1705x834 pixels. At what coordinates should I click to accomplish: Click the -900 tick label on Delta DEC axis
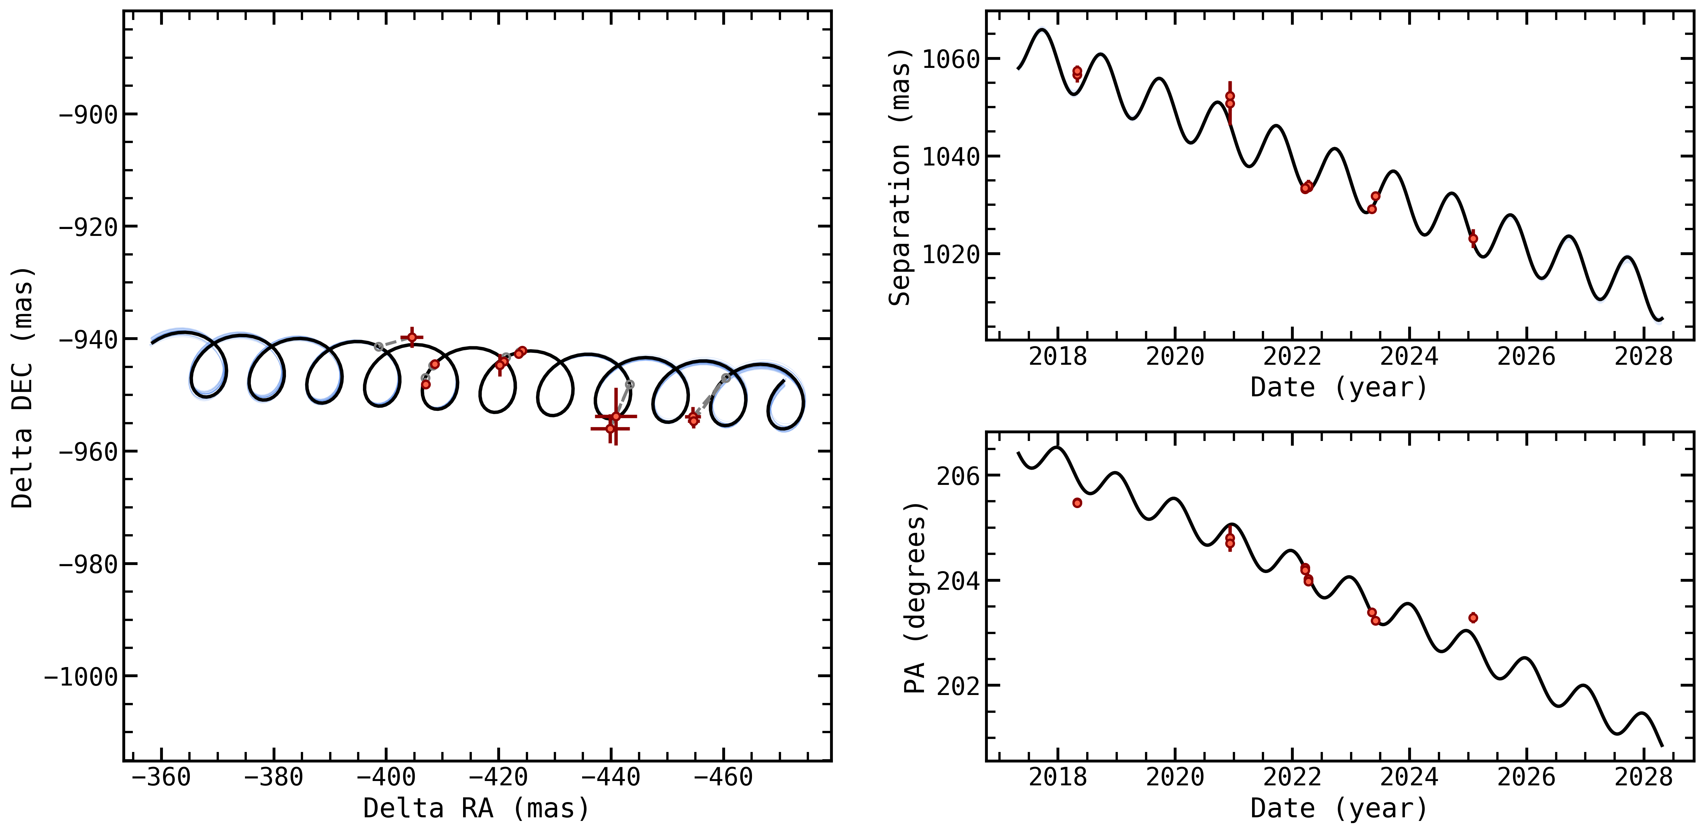(88, 115)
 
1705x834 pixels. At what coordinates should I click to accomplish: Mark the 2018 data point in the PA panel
(1078, 503)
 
